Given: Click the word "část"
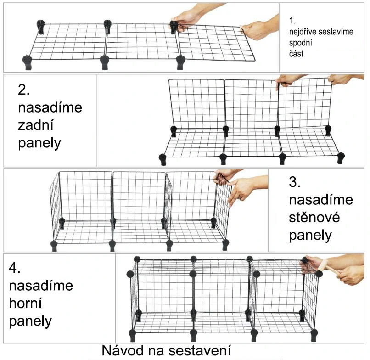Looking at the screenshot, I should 296,54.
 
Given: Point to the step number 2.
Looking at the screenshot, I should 23,90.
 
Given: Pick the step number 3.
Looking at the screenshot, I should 295,182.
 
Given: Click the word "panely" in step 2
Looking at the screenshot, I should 39,143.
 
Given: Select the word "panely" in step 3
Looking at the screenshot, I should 310,235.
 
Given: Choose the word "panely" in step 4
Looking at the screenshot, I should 30,321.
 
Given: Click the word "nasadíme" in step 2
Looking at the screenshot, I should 50,107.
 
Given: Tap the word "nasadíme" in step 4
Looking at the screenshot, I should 41,285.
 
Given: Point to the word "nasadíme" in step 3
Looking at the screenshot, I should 321,200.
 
